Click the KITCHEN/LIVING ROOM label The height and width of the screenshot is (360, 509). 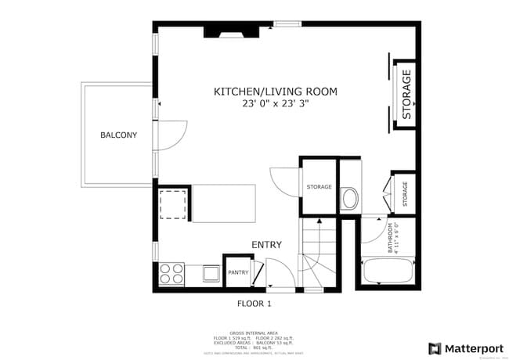(275, 92)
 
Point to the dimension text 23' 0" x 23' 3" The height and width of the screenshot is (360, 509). (275, 103)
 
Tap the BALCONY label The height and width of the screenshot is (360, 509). (118, 135)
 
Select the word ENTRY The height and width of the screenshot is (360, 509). (266, 245)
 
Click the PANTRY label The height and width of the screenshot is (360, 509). (238, 273)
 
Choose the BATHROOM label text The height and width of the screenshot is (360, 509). (389, 239)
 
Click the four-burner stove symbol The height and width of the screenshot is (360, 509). (172, 273)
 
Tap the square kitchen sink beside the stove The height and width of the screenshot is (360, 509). (211, 273)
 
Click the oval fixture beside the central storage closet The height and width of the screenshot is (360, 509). (349, 199)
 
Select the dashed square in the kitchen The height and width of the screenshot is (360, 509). (172, 204)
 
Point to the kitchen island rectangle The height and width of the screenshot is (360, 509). (224, 203)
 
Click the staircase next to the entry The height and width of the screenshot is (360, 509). (318, 253)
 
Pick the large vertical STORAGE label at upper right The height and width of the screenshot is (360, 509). (406, 94)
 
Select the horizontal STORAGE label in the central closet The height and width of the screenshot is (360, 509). (319, 187)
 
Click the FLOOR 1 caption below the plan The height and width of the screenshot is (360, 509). (254, 303)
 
